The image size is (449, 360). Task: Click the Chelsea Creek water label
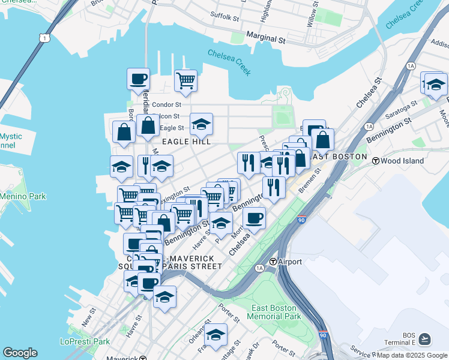point(229,61)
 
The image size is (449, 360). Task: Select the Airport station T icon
point(273,262)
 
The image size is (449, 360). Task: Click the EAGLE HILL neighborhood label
point(185,142)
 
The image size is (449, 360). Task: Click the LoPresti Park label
point(85,341)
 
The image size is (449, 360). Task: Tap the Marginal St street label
point(265,39)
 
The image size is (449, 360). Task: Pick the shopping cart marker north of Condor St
point(186,80)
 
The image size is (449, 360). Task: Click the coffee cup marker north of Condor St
point(138,78)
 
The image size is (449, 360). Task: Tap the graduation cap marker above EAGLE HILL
point(201,124)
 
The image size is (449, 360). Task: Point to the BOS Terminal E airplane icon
point(425,339)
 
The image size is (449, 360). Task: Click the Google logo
point(20,353)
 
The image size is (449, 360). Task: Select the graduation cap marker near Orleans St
point(215,334)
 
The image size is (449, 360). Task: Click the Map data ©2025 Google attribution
point(412,355)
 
